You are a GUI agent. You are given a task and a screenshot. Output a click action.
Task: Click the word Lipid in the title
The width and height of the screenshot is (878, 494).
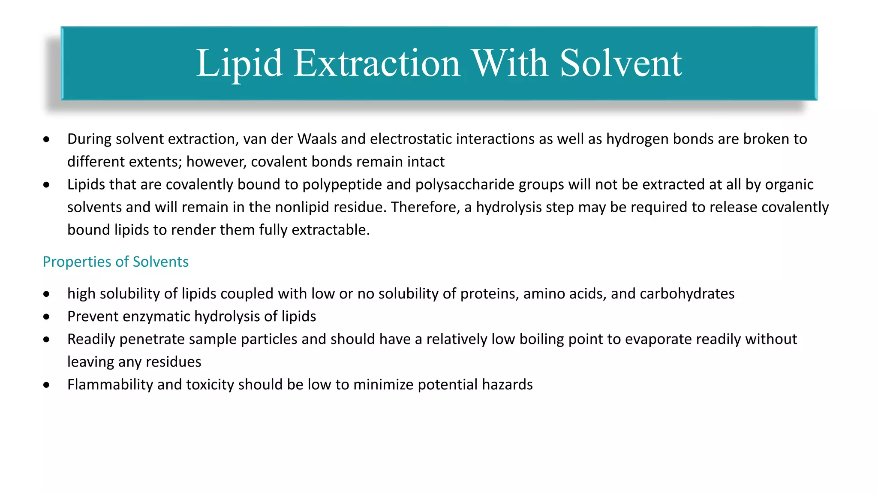click(x=239, y=63)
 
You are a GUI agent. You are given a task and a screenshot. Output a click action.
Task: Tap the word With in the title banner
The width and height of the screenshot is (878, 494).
click(x=510, y=63)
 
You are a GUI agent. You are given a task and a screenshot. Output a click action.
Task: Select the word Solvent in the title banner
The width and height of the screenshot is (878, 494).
click(x=621, y=63)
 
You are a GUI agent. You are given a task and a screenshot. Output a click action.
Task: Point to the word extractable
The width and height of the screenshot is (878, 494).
click(x=330, y=230)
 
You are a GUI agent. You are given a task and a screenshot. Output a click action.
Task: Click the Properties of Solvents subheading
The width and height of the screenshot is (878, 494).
click(x=116, y=262)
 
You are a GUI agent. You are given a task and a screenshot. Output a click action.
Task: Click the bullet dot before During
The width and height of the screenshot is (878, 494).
click(x=47, y=139)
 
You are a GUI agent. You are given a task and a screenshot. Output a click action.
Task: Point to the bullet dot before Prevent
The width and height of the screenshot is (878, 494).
click(x=47, y=317)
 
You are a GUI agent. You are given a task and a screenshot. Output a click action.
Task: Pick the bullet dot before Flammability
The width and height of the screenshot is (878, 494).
click(x=47, y=385)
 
